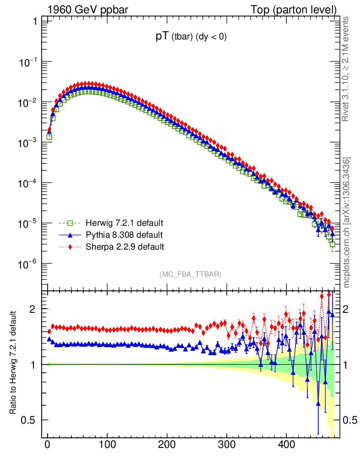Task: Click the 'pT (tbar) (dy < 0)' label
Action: tap(191, 38)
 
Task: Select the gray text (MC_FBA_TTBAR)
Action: tap(191, 274)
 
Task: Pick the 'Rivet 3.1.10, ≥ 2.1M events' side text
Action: tap(347, 69)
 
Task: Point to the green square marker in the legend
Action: tap(70, 224)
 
